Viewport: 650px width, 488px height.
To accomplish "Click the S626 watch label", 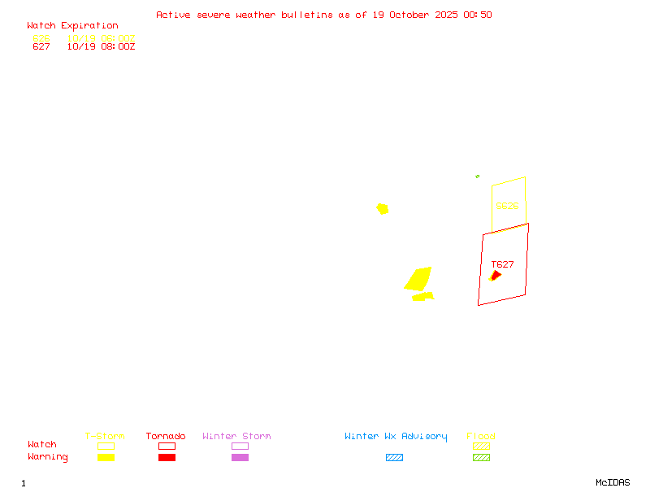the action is (x=507, y=206).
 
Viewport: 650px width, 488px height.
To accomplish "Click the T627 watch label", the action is (x=502, y=264).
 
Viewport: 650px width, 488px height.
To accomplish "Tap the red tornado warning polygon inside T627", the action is (x=496, y=276).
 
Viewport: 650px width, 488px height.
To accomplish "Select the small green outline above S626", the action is (x=478, y=176).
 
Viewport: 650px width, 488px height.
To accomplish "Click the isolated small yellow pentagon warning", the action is (x=382, y=209).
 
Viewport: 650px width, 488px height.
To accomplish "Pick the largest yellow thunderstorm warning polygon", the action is (x=418, y=278).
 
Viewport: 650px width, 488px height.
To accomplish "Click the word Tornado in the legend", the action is (x=166, y=437).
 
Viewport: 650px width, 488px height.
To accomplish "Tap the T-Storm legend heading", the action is (x=105, y=437).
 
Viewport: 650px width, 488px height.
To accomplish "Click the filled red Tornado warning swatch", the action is (x=167, y=457).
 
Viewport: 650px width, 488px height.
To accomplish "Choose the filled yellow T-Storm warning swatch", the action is (x=106, y=457).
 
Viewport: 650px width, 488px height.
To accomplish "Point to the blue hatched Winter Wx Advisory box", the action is (x=394, y=457).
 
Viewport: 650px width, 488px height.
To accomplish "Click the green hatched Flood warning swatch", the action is (x=481, y=457).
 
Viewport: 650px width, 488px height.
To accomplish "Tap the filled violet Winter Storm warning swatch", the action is (x=240, y=457).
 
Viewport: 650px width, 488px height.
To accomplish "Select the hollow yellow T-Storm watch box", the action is (x=106, y=446).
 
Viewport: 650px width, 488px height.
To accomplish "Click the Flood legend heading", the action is (x=481, y=437).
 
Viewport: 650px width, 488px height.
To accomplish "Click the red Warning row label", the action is (x=48, y=457).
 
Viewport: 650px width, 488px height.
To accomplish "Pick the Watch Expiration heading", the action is (x=72, y=26).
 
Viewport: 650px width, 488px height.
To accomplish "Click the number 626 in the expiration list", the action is (x=41, y=38).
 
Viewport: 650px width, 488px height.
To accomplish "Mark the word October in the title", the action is (x=415, y=15).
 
